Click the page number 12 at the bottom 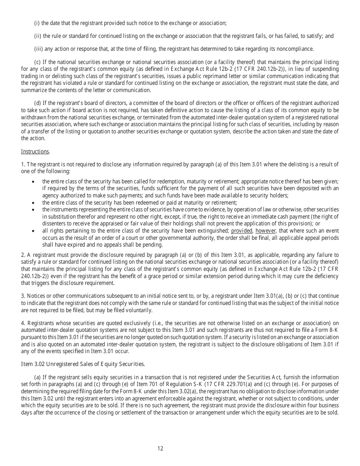pos(160,449)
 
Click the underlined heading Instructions pos(35,152)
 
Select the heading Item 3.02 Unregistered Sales pos(83,364)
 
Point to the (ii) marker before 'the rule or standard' pos(38,36)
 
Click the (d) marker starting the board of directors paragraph pos(38,103)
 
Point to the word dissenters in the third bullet pos(53,224)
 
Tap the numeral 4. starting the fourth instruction pos(23,323)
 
